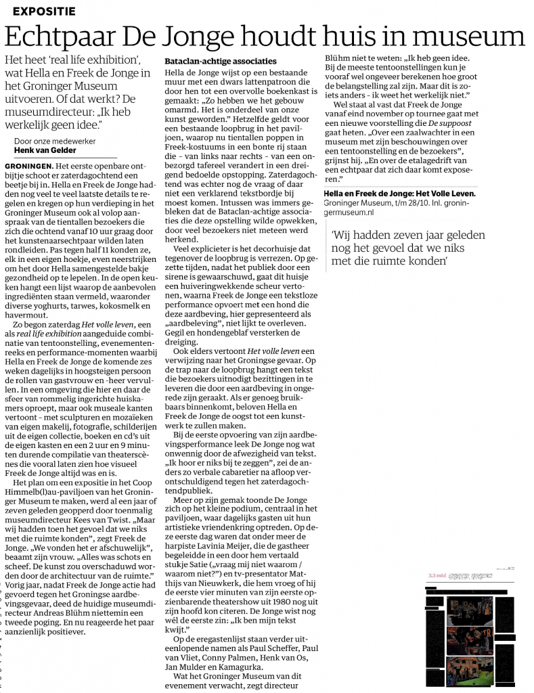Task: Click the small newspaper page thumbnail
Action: [x=469, y=622]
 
